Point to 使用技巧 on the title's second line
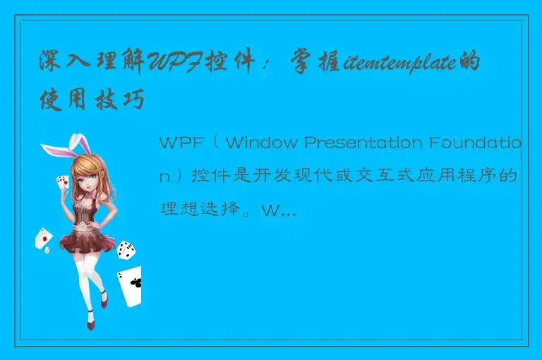tap(92, 102)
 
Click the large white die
tap(126, 248)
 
